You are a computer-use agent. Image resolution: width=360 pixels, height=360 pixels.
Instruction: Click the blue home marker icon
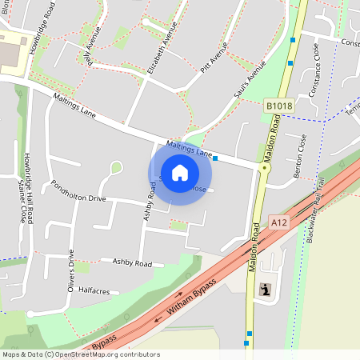[180, 172]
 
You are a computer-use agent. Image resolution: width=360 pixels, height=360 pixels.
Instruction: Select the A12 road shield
[279, 222]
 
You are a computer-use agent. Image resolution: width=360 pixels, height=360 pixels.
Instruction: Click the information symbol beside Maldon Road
[266, 289]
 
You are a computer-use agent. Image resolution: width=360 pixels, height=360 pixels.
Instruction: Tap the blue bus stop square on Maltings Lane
[216, 158]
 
